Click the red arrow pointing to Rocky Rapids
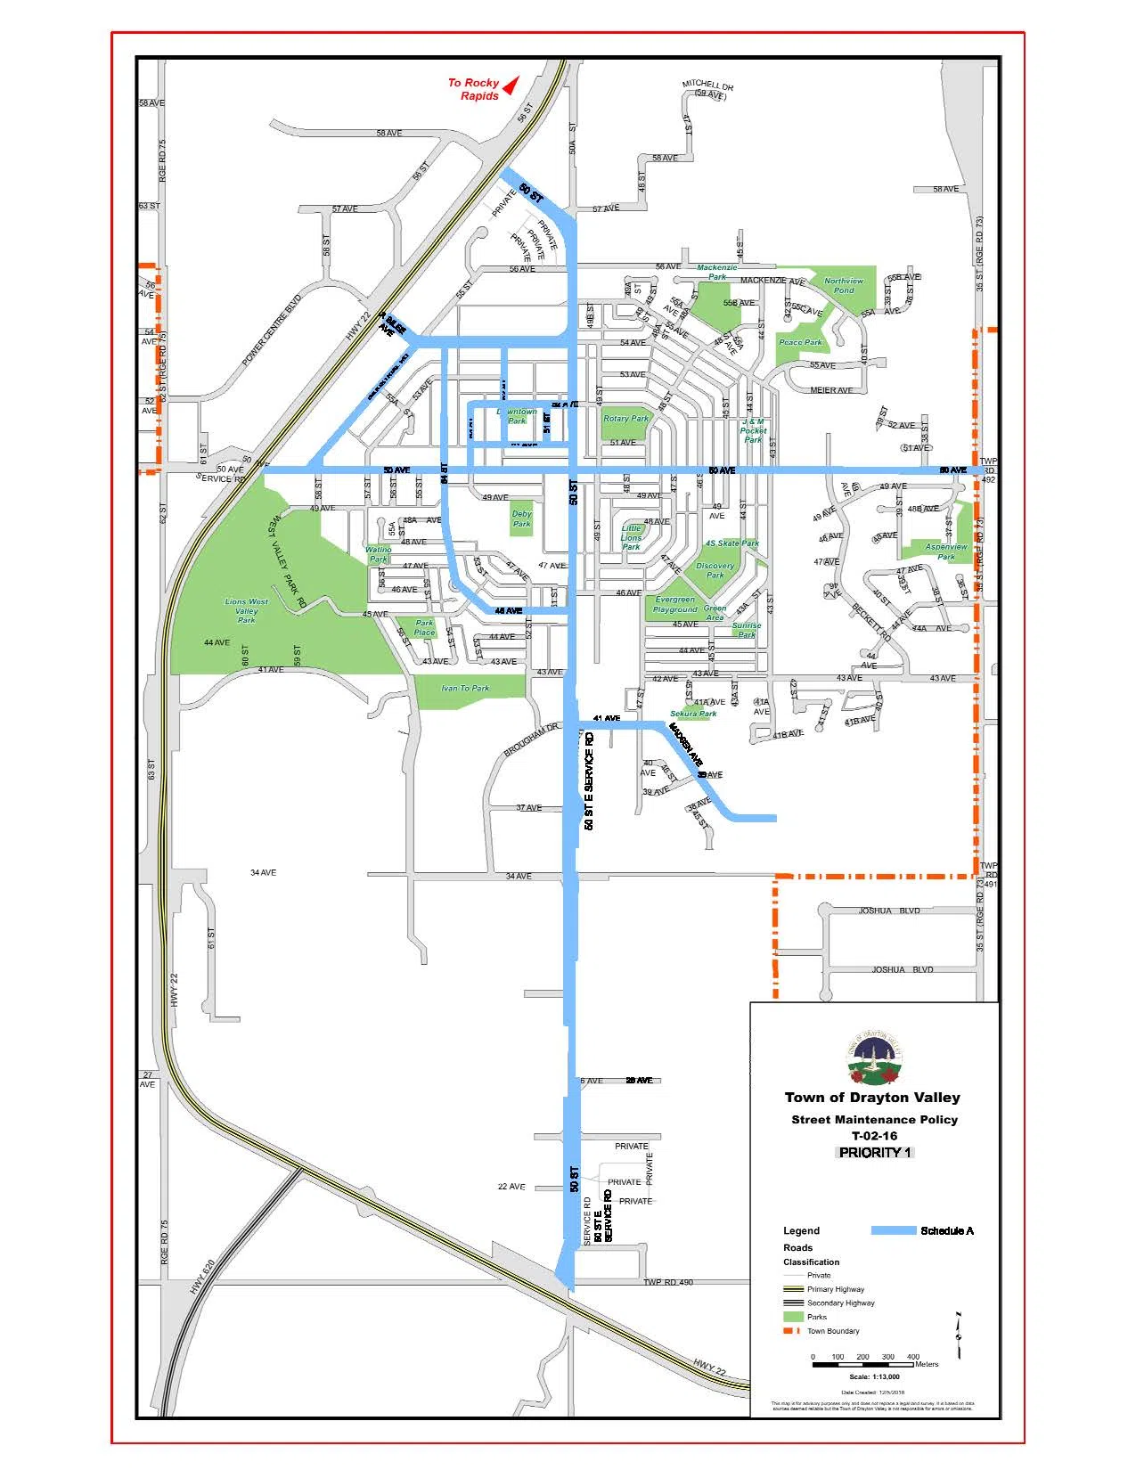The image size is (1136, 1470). pos(511,86)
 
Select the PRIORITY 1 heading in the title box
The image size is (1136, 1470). pos(875,1152)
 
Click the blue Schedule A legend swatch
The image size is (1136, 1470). pos(893,1230)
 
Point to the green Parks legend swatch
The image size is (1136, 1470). pos(792,1317)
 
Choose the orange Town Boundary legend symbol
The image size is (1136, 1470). pos(792,1331)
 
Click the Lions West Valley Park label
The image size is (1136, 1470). pos(247,610)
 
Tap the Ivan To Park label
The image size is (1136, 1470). pos(465,688)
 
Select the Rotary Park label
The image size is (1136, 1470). pos(626,418)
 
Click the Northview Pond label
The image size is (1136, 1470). pos(843,285)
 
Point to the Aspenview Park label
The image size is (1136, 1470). pos(945,551)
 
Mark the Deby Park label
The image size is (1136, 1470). pos(522,519)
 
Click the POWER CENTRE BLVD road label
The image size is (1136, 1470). pos(272,331)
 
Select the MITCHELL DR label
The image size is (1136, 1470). pos(708,89)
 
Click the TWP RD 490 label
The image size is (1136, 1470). pos(668,1282)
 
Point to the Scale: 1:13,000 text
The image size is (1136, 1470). pos(874,1376)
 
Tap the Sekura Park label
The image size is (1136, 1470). pos(693,714)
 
